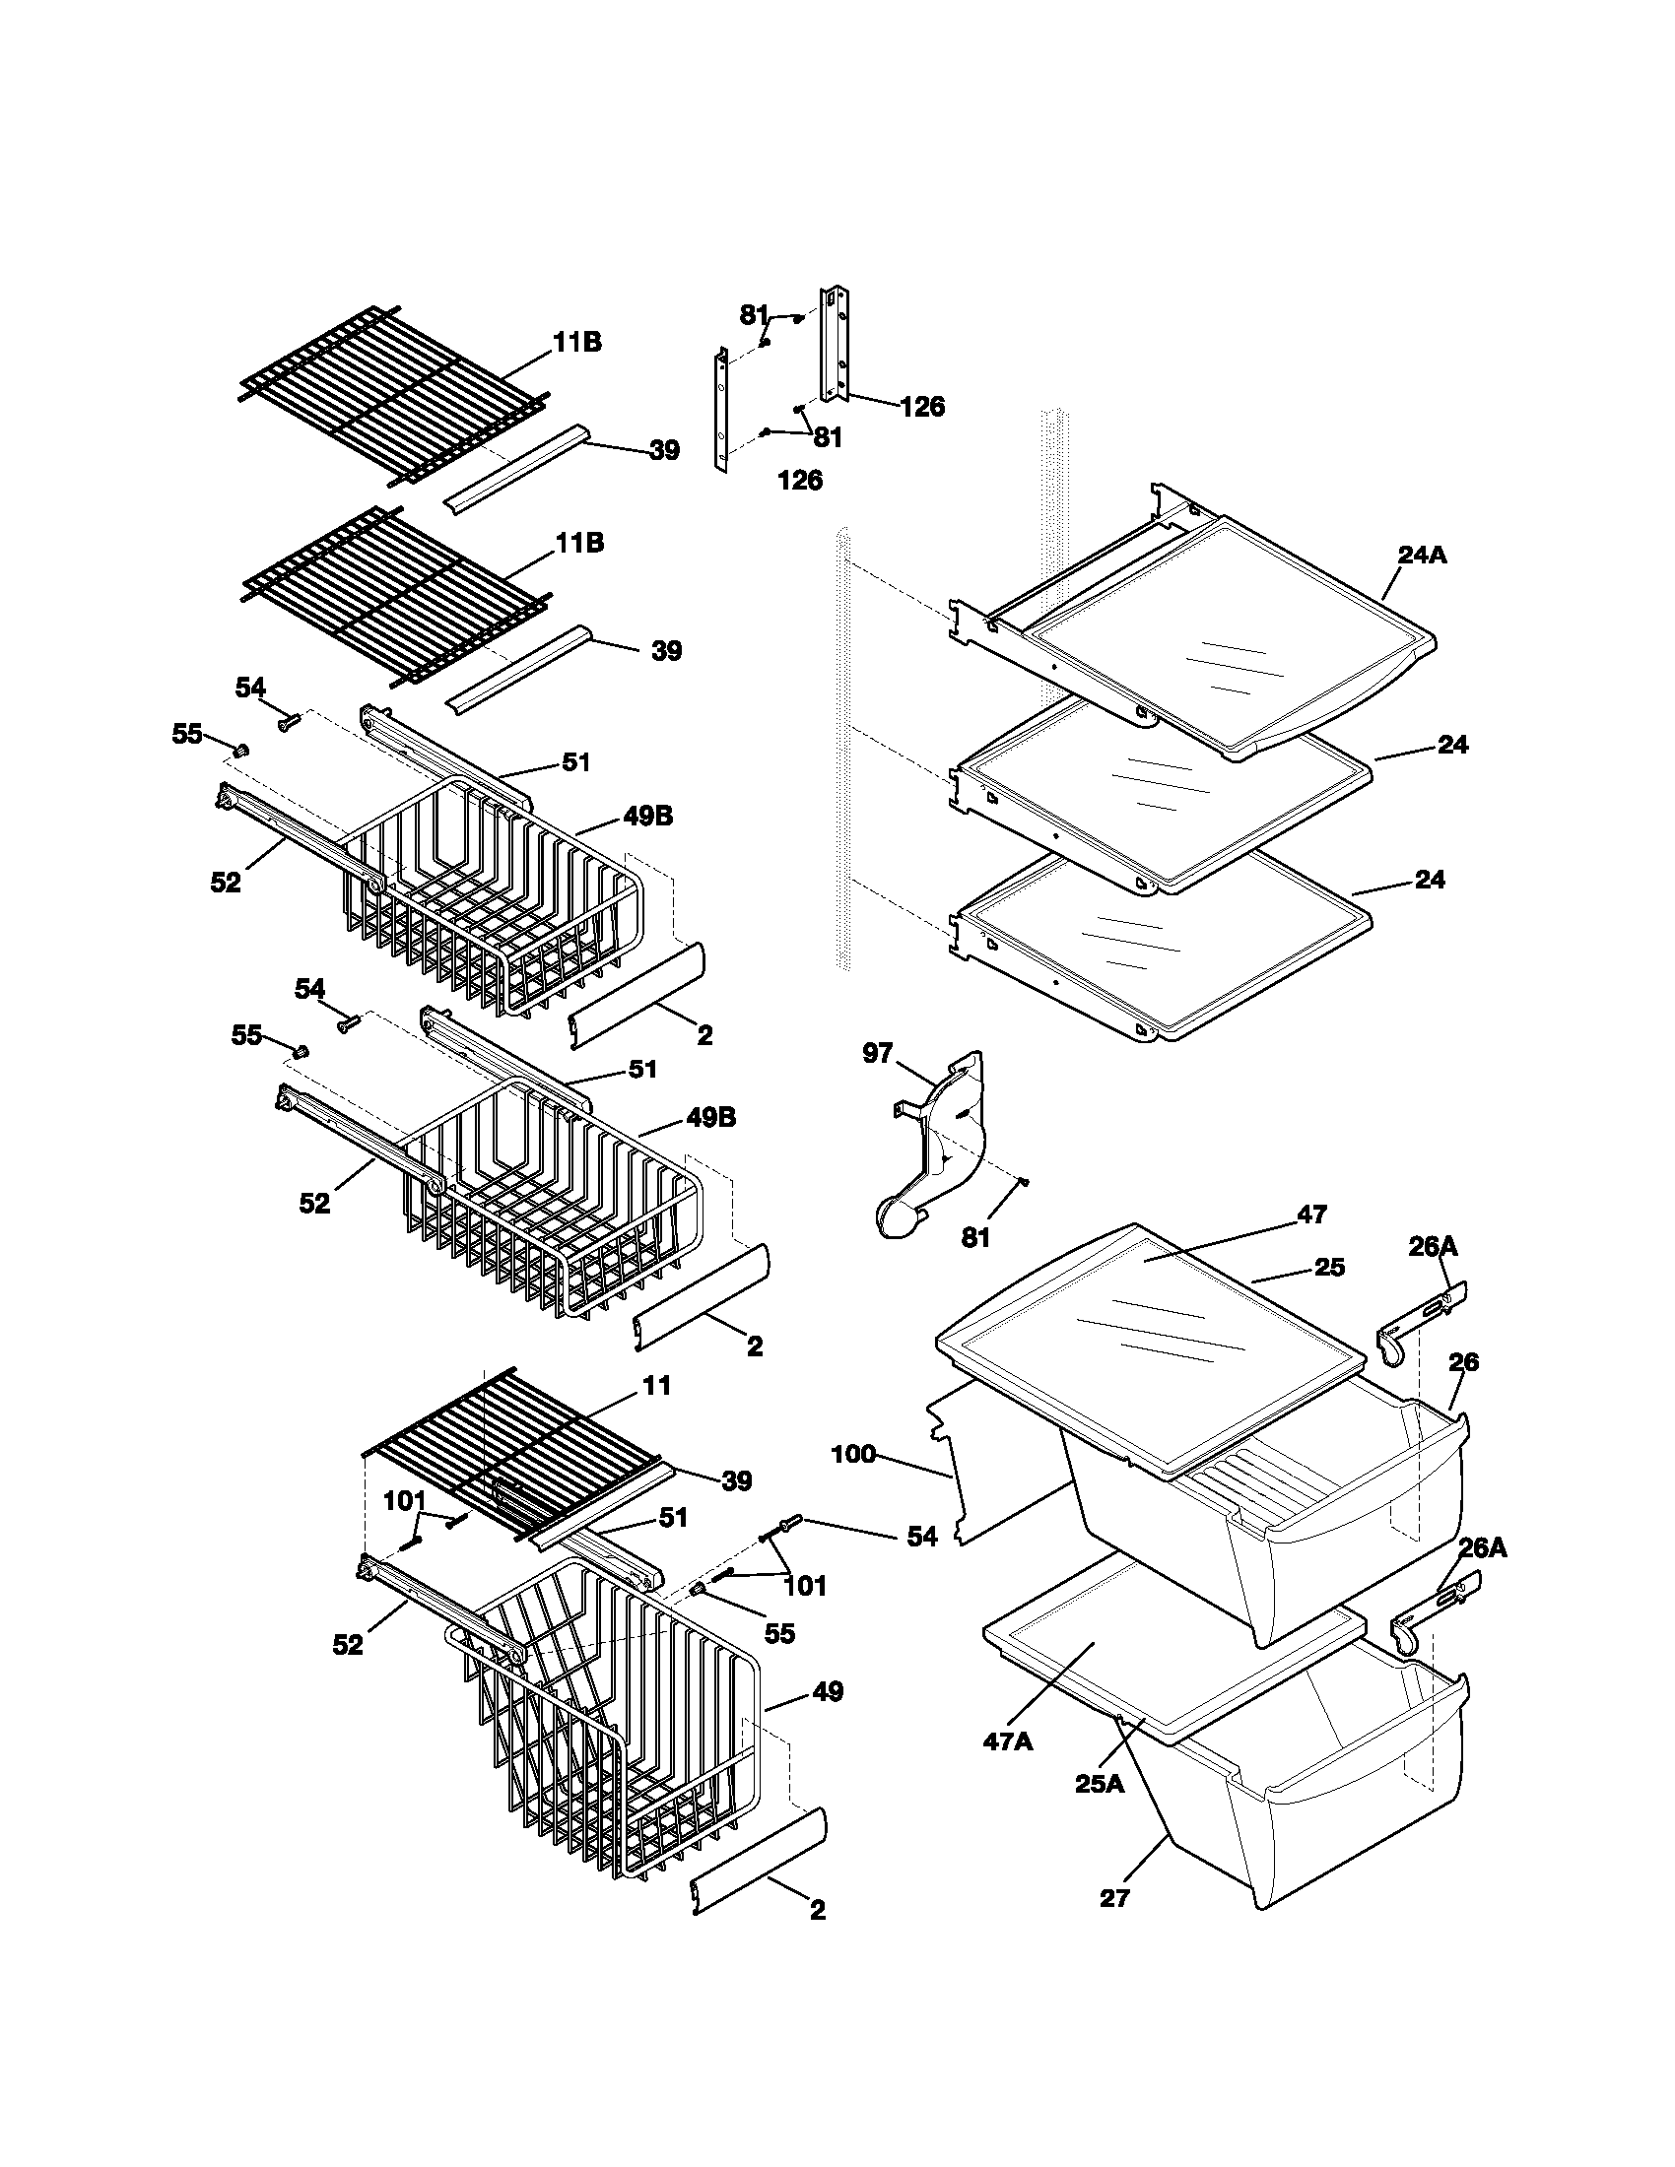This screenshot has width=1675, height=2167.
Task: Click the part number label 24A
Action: click(x=1422, y=556)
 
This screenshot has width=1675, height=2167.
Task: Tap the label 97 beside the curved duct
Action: click(x=877, y=1053)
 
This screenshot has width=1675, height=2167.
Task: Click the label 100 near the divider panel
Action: click(x=853, y=1455)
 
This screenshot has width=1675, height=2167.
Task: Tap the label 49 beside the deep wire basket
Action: click(x=827, y=1690)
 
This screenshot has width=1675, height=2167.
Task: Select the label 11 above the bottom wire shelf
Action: click(x=657, y=1385)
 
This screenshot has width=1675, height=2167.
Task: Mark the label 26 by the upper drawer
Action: click(x=1462, y=1362)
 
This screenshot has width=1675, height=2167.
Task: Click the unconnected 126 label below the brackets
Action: click(x=800, y=481)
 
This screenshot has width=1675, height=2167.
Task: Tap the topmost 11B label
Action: click(x=577, y=343)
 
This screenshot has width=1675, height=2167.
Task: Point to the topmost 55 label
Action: click(x=186, y=734)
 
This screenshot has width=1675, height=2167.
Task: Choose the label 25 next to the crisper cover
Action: click(x=1330, y=1267)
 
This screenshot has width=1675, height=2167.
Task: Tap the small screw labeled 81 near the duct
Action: click(x=1025, y=1181)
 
